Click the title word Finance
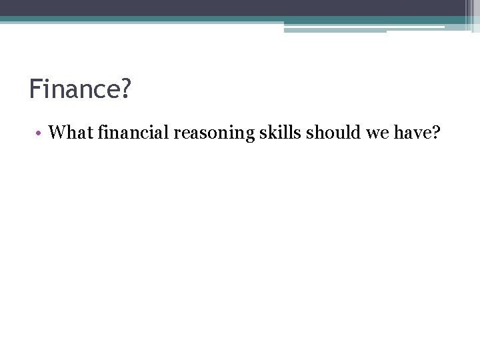(x=74, y=89)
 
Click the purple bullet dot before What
(x=40, y=134)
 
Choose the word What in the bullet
(x=71, y=133)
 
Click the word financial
(x=133, y=133)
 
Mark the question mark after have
(x=436, y=133)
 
